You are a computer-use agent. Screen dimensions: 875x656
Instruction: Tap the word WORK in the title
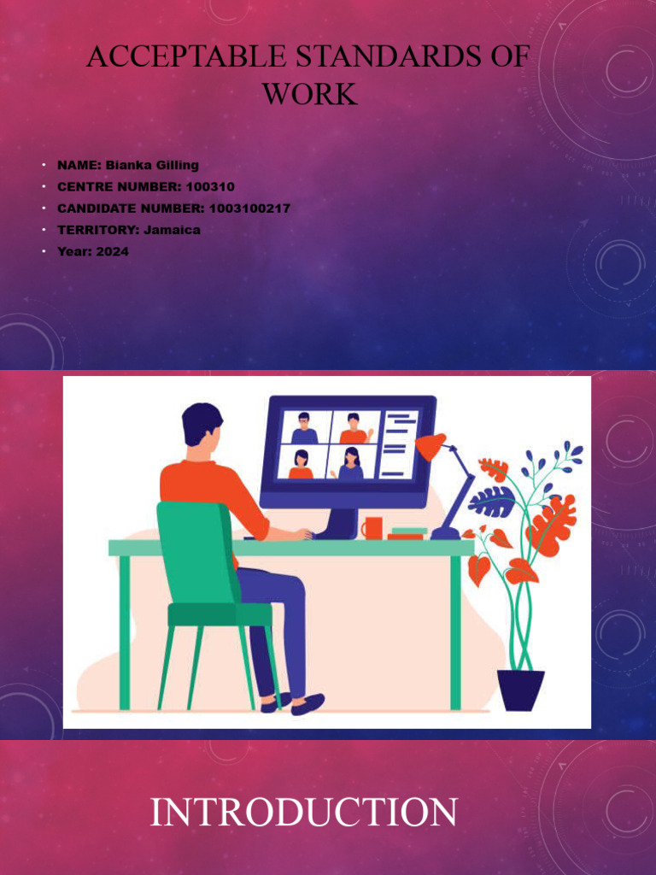pyautogui.click(x=309, y=94)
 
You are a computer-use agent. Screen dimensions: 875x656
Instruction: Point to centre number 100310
pyautogui.click(x=209, y=186)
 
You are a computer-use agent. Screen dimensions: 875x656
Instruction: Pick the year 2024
pyautogui.click(x=112, y=251)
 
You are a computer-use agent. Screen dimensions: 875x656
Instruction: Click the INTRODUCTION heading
pyautogui.click(x=303, y=812)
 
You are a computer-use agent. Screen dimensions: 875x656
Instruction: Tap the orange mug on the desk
pyautogui.click(x=372, y=528)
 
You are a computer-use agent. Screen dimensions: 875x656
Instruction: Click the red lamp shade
pyautogui.click(x=430, y=446)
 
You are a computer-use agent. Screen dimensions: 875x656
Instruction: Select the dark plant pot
pyautogui.click(x=520, y=690)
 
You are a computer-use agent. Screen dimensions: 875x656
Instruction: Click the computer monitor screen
pyautogui.click(x=348, y=445)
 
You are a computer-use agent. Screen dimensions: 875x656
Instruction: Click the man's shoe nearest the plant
pyautogui.click(x=307, y=703)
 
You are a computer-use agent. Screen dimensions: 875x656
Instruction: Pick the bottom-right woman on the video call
pyautogui.click(x=350, y=463)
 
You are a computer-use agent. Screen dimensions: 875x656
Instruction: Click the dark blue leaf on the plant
pyautogui.click(x=493, y=502)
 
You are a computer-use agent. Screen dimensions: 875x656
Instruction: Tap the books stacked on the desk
pyautogui.click(x=407, y=533)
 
